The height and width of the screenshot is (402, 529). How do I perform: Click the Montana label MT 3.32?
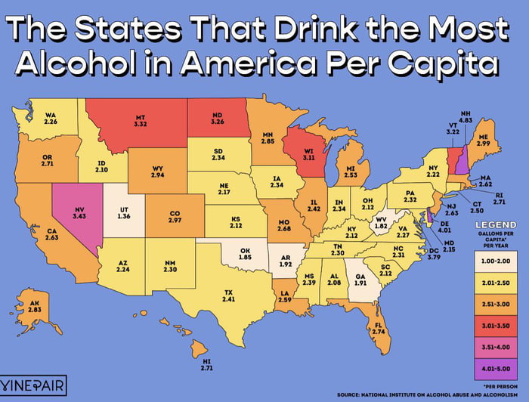coord(141,122)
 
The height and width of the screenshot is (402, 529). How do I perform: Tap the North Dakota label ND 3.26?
coord(217,118)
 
